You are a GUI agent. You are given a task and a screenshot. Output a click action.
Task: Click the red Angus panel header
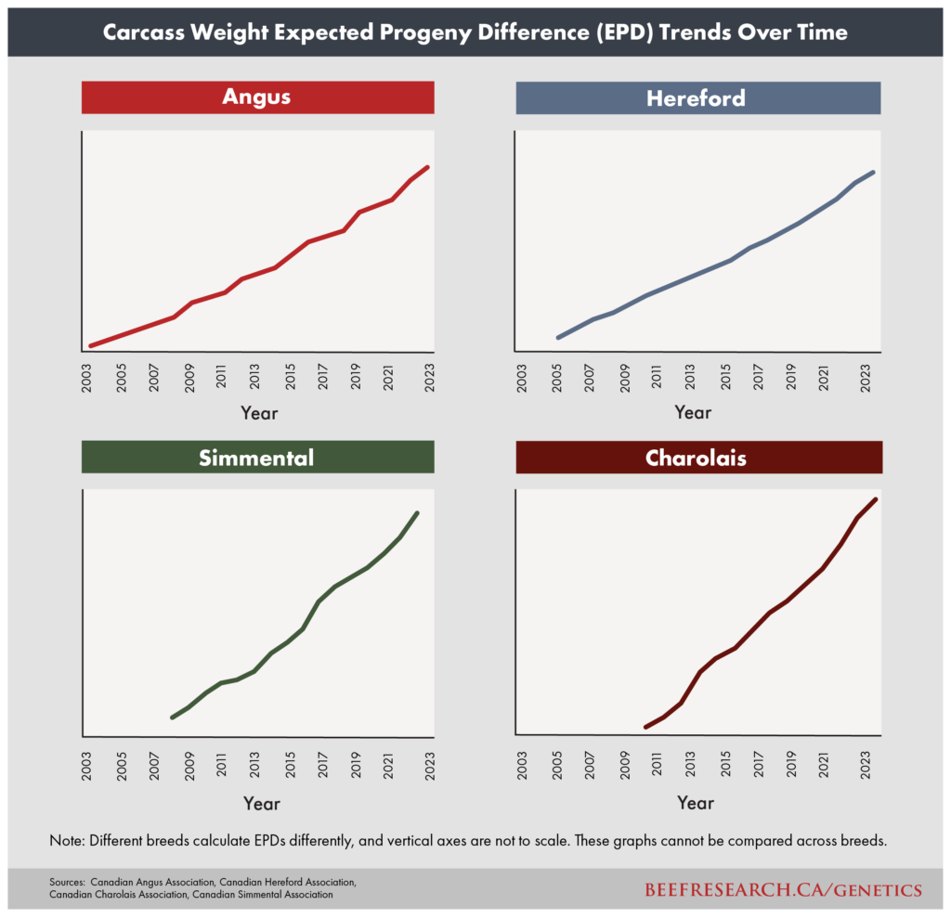click(257, 97)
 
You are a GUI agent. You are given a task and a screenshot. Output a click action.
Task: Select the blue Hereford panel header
click(697, 97)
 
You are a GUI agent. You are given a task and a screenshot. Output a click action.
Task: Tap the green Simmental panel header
click(257, 457)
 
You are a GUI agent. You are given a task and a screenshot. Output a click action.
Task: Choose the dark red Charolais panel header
click(697, 458)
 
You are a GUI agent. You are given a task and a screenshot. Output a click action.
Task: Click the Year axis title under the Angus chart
click(259, 413)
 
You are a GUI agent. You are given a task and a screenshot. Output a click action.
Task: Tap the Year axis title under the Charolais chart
click(696, 802)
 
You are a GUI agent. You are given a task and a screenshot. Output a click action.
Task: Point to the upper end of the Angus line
click(427, 167)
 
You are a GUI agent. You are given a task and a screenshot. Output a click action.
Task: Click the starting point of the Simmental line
click(172, 718)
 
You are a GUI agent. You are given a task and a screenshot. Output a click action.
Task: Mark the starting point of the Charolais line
click(646, 726)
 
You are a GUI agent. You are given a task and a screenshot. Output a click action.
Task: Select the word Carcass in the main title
click(141, 32)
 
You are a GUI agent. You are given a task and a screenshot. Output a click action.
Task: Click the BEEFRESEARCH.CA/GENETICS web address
click(783, 890)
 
